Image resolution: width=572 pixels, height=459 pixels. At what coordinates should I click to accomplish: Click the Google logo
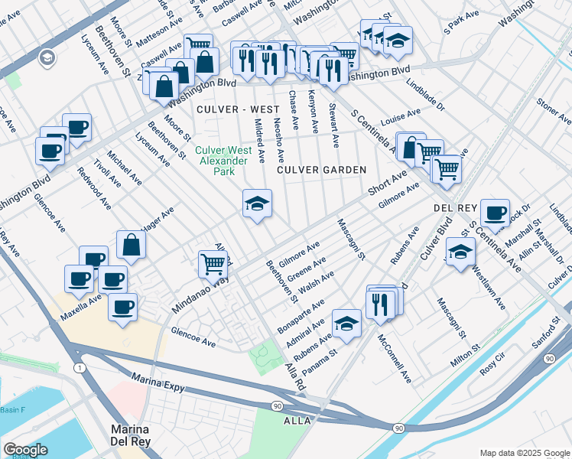25,450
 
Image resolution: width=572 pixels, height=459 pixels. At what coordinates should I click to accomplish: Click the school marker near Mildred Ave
257,203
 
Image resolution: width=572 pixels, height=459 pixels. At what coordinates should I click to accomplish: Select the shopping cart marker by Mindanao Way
213,264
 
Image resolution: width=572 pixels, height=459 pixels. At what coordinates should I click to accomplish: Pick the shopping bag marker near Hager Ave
132,246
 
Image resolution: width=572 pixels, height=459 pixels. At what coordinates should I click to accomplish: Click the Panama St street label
320,362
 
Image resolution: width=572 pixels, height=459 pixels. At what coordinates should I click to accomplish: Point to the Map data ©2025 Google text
524,452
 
